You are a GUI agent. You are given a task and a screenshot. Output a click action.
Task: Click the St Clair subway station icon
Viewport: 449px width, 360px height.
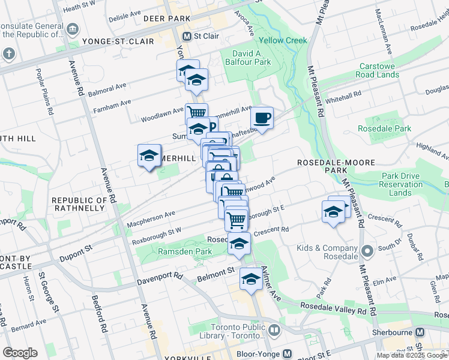pos(187,36)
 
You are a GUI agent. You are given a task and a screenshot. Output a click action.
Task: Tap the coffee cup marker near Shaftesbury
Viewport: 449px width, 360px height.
pos(261,117)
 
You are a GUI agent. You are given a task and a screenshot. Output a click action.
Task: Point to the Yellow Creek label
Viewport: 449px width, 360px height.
pos(283,41)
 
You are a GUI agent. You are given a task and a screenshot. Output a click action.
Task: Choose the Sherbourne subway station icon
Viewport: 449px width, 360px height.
pos(420,332)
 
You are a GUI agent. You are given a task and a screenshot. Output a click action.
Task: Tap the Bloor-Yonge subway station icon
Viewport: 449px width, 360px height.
pos(287,354)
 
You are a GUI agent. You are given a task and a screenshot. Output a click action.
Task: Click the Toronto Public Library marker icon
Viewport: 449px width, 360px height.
pos(274,331)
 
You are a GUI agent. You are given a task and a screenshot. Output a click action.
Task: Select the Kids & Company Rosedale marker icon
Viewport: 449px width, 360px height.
pos(367,251)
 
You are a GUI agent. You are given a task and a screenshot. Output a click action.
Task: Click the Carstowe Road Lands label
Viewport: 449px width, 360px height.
pos(377,70)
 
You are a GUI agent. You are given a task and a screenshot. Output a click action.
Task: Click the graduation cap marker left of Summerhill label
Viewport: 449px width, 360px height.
pos(149,156)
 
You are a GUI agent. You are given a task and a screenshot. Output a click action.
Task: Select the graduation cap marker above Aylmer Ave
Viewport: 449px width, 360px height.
pos(251,278)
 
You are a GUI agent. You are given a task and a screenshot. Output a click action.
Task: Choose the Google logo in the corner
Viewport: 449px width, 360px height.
pos(20,353)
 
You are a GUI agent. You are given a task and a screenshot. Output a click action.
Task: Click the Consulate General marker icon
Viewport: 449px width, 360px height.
pos(73,29)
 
